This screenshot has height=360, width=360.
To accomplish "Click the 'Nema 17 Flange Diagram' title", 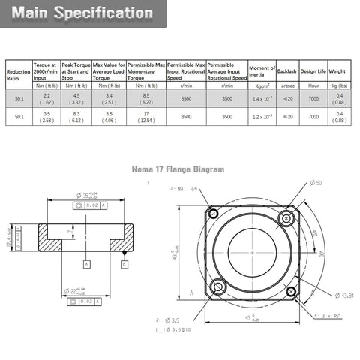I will point(178,169).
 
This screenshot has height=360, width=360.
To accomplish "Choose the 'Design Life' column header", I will point(313,69).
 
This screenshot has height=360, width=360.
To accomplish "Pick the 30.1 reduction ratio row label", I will point(18,98).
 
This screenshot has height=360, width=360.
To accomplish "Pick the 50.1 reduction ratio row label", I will point(18,117).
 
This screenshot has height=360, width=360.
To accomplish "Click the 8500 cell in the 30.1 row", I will point(186,98).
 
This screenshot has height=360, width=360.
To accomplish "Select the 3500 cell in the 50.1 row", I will point(226,117).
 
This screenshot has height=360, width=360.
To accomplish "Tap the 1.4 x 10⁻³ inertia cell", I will point(262,98).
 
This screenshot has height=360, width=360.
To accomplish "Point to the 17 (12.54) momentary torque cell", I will point(146,117).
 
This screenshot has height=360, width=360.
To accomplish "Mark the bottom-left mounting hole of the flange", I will point(217,286).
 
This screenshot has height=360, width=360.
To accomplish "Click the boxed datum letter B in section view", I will point(124,263).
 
